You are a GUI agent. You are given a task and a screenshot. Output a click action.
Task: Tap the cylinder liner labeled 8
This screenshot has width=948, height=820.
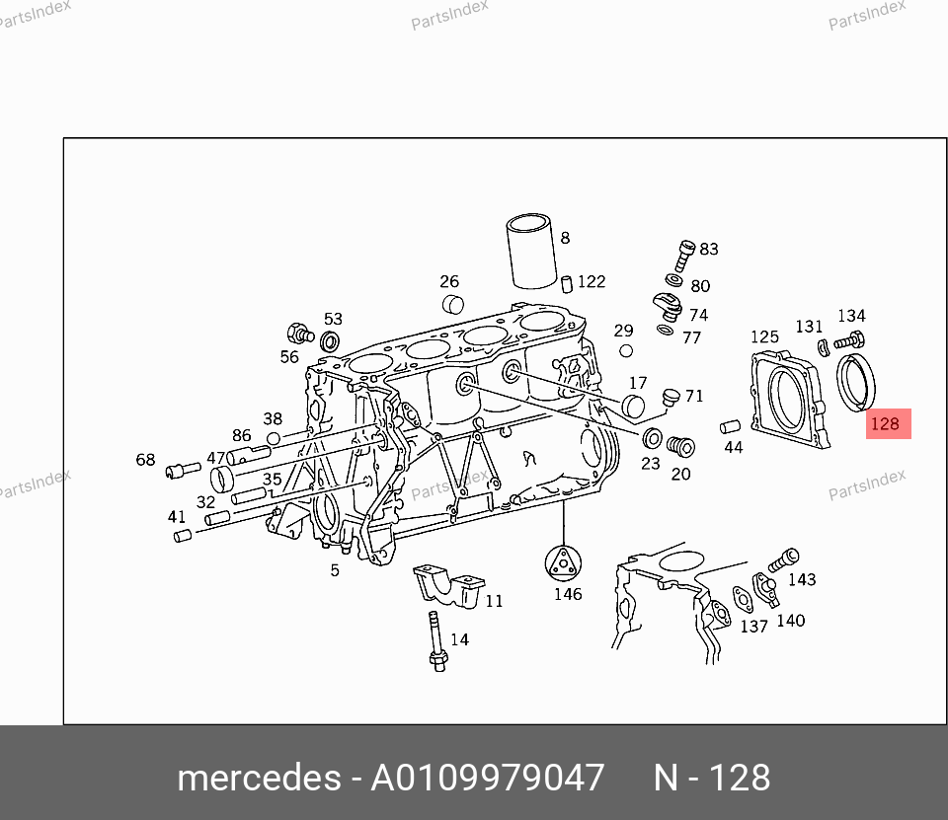click(x=531, y=251)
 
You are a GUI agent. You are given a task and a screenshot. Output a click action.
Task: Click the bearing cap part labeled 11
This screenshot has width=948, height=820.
click(x=449, y=585)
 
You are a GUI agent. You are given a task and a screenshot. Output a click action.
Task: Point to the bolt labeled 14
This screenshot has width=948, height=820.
click(x=436, y=641)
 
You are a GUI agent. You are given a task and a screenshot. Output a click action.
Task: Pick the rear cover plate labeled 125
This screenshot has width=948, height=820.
click(x=788, y=399)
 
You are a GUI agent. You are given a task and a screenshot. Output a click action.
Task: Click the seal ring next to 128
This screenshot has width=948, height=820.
click(x=855, y=383)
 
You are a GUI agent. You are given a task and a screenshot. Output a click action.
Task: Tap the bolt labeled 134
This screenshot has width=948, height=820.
click(x=849, y=340)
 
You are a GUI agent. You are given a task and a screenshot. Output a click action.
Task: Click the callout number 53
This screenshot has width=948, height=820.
click(x=333, y=319)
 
